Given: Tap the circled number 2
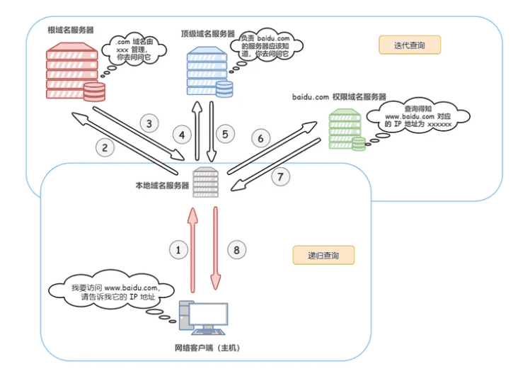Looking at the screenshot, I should point(104,148).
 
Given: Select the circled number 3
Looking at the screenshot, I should point(149,123).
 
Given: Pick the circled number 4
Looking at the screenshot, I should point(182,134).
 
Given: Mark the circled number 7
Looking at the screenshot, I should point(281,177).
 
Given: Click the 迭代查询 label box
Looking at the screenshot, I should point(409,45).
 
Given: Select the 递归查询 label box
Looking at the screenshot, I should point(323,255).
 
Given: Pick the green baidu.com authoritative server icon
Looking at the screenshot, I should point(346,130).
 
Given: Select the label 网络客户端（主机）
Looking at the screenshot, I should point(207,348).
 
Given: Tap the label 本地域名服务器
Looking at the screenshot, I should point(162,186).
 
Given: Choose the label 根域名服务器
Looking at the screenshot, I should point(70,32).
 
